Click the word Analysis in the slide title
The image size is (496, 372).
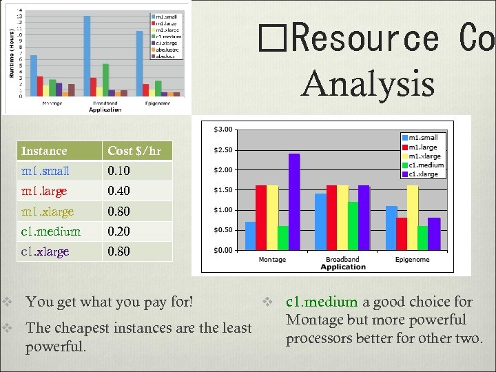pos(368,85)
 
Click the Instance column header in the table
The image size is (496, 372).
pos(44,151)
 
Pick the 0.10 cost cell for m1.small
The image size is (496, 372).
pos(119,170)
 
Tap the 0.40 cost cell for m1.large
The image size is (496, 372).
pos(119,191)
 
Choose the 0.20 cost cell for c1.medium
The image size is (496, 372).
pos(119,231)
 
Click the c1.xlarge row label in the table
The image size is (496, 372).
pos(45,251)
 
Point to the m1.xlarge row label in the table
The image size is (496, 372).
pos(47,211)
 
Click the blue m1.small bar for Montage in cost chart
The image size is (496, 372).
pos(250,236)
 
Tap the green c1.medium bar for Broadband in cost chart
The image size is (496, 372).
pos(353,226)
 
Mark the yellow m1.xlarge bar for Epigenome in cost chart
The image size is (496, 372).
pos(413,218)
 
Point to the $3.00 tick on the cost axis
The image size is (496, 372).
pos(223,130)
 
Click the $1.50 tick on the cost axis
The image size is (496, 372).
pos(223,190)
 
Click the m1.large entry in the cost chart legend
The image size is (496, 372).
pos(423,147)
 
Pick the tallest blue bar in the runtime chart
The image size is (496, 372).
pos(87,55)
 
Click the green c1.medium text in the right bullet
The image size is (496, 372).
pos(322,302)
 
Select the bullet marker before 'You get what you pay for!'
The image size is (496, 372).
pos(7,301)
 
